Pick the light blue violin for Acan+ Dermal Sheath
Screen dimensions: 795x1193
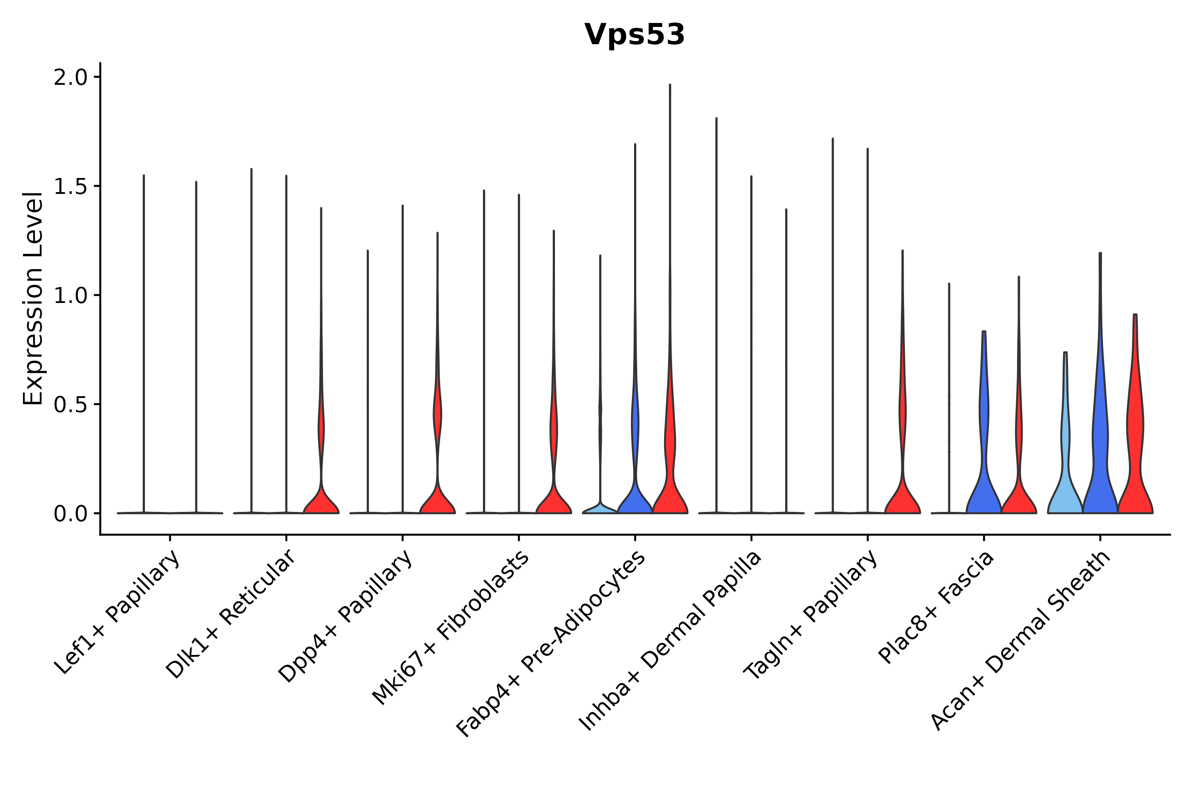(x=1065, y=487)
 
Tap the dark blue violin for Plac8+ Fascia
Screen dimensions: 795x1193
(x=984, y=482)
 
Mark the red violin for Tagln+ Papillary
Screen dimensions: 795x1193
(x=902, y=497)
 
